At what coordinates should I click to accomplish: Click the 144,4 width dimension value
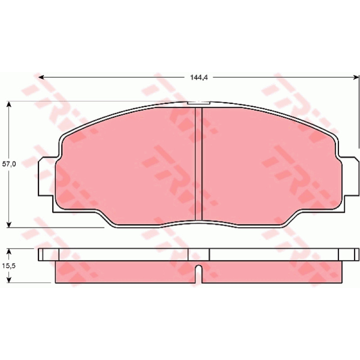point(199,77)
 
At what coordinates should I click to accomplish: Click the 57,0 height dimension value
point(9,164)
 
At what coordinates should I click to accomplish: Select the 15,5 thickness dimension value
point(9,266)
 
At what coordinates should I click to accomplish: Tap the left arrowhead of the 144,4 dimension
point(41,77)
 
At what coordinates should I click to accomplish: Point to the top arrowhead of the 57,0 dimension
point(9,104)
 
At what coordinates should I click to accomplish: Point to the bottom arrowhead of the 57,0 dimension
point(9,224)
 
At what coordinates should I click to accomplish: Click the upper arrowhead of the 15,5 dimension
point(9,251)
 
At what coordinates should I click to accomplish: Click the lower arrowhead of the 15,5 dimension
point(9,279)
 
